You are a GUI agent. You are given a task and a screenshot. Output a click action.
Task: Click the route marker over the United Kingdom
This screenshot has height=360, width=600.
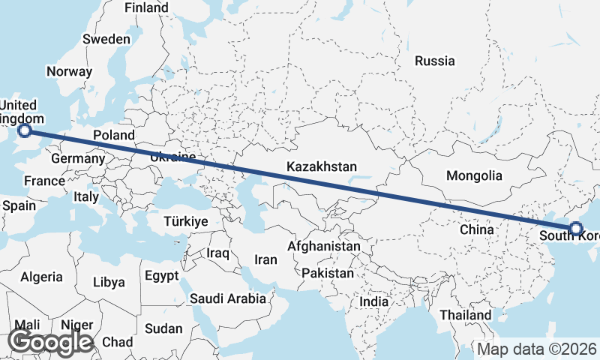[25, 131]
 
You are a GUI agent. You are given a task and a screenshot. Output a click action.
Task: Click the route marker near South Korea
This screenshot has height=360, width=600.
[576, 228]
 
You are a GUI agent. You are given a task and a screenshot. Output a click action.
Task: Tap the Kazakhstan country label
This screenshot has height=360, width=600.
[322, 166]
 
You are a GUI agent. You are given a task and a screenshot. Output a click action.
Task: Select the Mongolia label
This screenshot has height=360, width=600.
[473, 175]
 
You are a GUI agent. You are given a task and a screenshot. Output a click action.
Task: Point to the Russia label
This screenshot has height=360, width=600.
[435, 61]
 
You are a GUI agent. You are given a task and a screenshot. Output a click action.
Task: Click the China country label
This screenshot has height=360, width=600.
[477, 229]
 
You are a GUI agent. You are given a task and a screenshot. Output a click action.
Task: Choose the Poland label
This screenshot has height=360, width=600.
[114, 135]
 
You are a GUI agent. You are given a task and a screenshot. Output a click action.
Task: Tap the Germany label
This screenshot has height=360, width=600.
[77, 158]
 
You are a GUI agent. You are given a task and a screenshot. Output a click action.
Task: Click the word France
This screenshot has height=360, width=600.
[44, 181]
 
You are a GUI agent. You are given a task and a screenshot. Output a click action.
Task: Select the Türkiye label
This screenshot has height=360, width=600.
[185, 221]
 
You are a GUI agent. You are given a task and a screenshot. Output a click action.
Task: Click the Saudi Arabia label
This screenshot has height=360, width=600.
[227, 298]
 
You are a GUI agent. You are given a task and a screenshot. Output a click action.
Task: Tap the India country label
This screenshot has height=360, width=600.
[373, 301]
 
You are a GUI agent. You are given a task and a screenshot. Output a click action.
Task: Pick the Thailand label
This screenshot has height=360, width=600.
[466, 315]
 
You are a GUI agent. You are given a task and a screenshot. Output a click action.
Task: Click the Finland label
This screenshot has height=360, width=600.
[146, 7]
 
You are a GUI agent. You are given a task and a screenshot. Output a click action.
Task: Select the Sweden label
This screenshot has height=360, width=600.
[106, 39]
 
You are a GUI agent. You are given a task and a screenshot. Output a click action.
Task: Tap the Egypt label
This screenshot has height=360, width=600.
[161, 274]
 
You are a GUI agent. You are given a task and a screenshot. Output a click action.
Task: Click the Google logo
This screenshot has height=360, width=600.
[50, 342]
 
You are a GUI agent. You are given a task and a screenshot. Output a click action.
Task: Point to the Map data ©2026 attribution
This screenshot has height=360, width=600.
[537, 349]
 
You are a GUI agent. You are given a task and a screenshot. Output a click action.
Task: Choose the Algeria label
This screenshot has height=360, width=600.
[42, 277]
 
